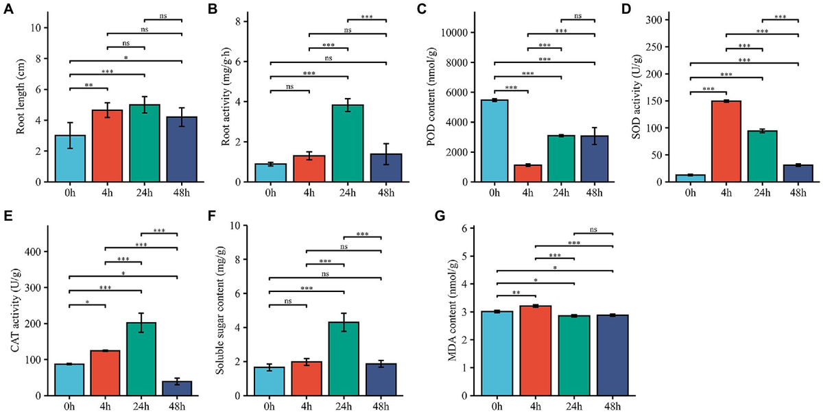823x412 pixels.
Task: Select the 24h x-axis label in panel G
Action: (574, 407)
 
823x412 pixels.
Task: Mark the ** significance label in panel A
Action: (89, 84)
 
